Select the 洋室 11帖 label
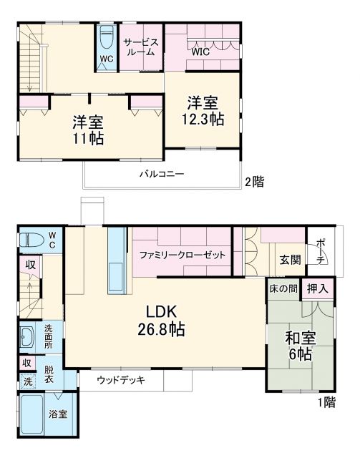pyautogui.click(x=87, y=129)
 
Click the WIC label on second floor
pyautogui.click(x=200, y=52)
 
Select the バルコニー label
pyautogui.click(x=162, y=174)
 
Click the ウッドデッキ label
pyautogui.click(x=122, y=380)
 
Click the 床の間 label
pyautogui.click(x=283, y=289)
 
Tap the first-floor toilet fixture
pyautogui.click(x=31, y=240)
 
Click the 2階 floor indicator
pyautogui.click(x=255, y=182)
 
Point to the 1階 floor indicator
pyautogui.click(x=326, y=403)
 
